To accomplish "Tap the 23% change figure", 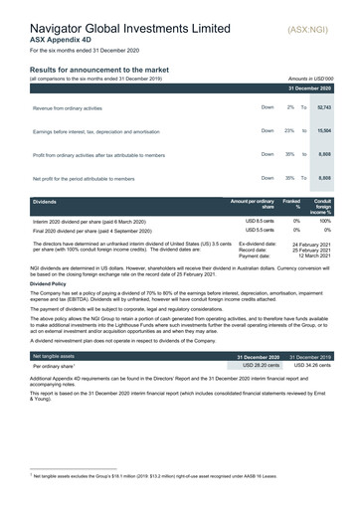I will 288,130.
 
